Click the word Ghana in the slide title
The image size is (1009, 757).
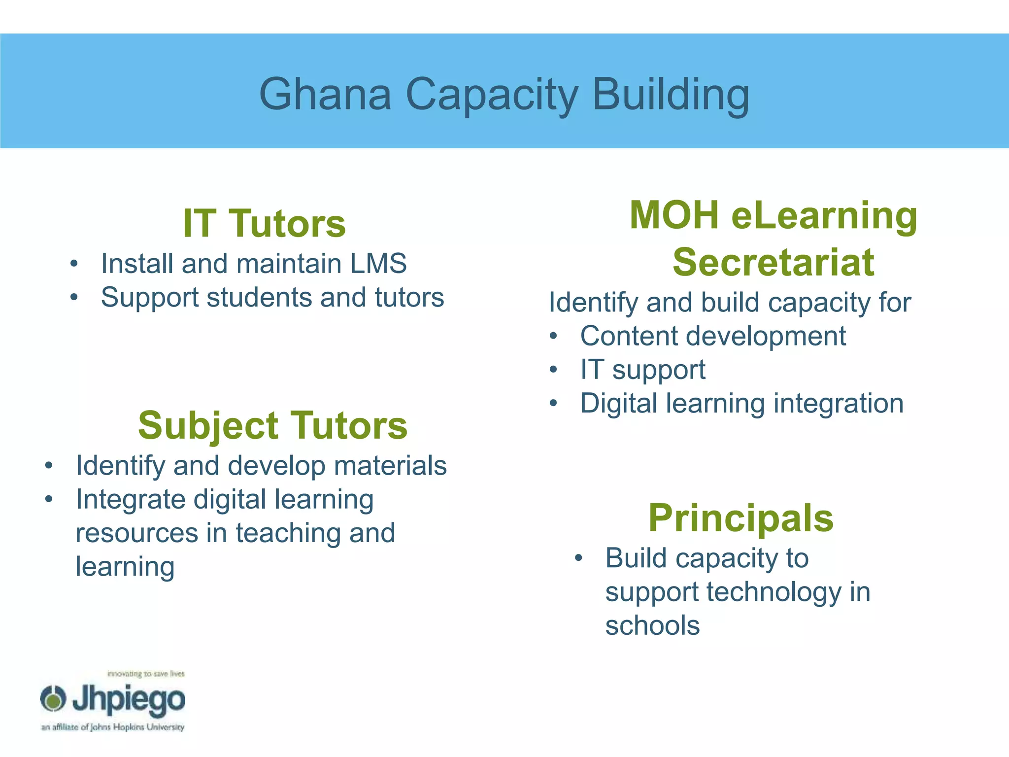click(x=325, y=94)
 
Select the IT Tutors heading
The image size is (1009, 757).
click(x=264, y=223)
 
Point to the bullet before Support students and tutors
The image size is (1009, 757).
click(x=74, y=297)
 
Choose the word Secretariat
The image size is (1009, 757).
click(x=774, y=262)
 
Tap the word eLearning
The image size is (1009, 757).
click(x=824, y=216)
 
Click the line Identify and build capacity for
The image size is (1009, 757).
click(x=730, y=302)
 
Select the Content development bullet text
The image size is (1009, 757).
click(x=713, y=336)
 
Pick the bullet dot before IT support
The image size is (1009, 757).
click(x=554, y=370)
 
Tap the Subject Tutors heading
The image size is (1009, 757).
click(x=272, y=425)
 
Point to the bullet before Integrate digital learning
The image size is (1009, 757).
click(x=48, y=499)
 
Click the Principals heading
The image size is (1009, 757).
click(x=741, y=518)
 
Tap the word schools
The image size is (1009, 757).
click(x=652, y=625)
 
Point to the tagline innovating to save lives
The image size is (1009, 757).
click(x=146, y=674)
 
